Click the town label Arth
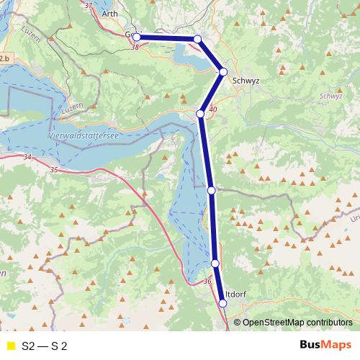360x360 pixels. [110, 13]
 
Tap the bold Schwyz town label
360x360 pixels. [246, 81]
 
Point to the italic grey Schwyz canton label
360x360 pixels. [330, 95]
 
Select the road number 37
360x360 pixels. [89, 5]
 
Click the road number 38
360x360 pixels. [135, 48]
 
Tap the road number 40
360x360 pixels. [212, 109]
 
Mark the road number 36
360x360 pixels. [209, 281]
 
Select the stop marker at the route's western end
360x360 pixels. [136, 37]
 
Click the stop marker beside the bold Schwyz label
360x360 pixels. [223, 71]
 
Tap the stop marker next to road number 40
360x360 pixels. [200, 113]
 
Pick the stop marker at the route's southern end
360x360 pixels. [222, 304]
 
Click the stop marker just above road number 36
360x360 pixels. [215, 264]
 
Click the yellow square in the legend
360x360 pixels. [9, 346]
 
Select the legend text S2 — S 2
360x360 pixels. [45, 346]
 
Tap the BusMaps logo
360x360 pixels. [326, 346]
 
